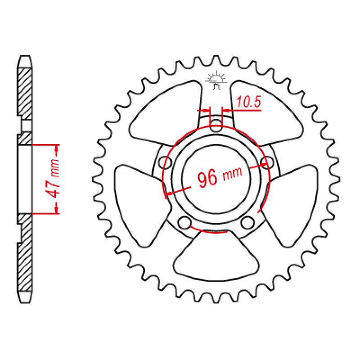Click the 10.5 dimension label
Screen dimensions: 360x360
(249, 103)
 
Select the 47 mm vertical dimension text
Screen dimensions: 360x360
(53, 179)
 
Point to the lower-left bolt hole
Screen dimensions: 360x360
(184, 222)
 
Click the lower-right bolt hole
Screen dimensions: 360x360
(247, 222)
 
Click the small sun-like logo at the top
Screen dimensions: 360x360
(217, 79)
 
